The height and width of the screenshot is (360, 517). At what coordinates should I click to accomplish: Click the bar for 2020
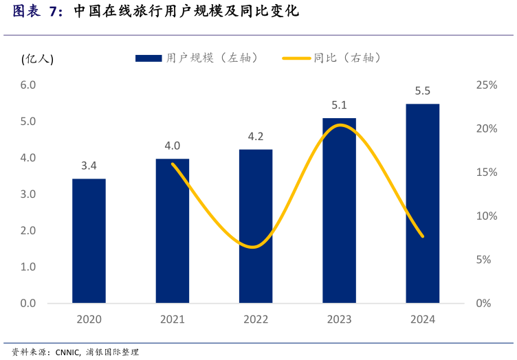click(89, 240)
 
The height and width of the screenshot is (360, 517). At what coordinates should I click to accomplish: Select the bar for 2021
click(173, 231)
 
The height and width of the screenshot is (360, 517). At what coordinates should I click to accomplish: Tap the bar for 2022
click(256, 226)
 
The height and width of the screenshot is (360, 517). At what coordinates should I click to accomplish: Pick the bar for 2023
click(339, 210)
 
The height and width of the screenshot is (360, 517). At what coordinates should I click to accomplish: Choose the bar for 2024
click(422, 203)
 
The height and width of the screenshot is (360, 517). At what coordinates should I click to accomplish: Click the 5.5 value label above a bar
click(423, 91)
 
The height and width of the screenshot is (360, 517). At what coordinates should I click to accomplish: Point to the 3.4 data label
click(89, 166)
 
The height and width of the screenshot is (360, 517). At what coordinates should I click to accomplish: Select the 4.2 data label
click(256, 137)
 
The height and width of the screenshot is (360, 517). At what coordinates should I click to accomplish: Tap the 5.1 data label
click(339, 105)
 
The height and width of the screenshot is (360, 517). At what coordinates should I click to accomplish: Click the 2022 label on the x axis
click(256, 319)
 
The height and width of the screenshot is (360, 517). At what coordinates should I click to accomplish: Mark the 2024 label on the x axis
click(422, 319)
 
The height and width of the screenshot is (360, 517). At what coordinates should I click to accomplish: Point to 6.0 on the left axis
click(28, 85)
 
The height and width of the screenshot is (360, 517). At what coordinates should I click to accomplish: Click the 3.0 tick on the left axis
click(28, 194)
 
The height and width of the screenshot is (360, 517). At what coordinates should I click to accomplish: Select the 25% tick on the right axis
click(486, 85)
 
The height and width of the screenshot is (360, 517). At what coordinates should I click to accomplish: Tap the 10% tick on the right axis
click(486, 216)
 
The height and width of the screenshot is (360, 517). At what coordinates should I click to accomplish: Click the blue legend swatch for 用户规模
click(148, 58)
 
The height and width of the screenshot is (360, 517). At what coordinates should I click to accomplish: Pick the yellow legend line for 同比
click(296, 58)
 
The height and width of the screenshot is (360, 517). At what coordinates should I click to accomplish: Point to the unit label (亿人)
click(37, 59)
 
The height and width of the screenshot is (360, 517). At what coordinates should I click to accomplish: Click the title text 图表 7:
click(38, 12)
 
